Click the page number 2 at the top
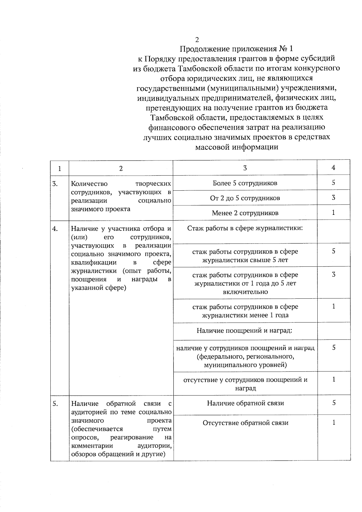(197, 40)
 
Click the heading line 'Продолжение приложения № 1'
(236, 49)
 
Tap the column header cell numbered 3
(245, 168)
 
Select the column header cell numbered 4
(333, 168)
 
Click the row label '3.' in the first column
(55, 183)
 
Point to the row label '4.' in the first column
(55, 229)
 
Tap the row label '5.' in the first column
(55, 404)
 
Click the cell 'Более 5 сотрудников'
(245, 183)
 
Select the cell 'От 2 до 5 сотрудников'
(245, 198)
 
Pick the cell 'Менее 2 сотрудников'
(245, 213)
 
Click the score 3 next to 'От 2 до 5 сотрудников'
(334, 198)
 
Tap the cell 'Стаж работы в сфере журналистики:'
(245, 228)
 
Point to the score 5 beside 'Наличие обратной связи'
(334, 403)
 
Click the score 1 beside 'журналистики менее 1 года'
(334, 307)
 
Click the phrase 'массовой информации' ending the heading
(237, 147)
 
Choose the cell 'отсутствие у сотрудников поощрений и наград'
(245, 384)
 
